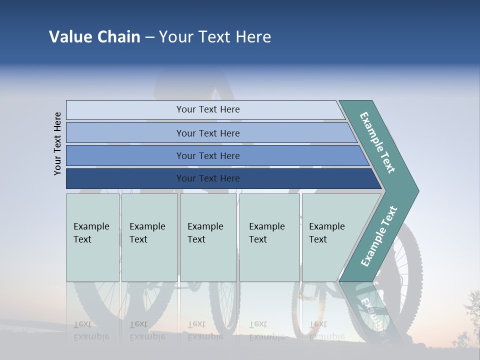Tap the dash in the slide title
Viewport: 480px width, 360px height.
(149, 37)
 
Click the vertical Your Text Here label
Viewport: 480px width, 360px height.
(57, 143)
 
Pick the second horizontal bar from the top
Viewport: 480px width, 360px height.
(207, 133)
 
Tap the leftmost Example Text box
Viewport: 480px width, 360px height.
(92, 237)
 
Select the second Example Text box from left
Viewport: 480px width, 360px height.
(149, 237)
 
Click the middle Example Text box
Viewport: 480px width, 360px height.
(208, 237)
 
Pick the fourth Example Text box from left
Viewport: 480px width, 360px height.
(269, 237)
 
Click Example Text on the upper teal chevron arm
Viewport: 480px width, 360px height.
(377, 142)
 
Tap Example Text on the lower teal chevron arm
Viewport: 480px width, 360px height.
(378, 236)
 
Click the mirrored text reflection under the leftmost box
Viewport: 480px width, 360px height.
(91, 330)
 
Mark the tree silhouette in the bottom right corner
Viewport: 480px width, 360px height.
(469, 320)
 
